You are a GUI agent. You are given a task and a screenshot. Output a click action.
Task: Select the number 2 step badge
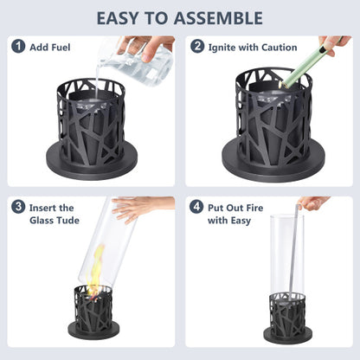[x=198, y=47]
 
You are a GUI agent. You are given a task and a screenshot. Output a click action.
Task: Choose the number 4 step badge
[x=198, y=207]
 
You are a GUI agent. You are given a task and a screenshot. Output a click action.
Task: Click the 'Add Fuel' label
[x=50, y=47]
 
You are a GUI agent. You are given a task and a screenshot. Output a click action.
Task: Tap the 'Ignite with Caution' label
[x=253, y=47]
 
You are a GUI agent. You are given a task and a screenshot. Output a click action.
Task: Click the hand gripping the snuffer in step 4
[x=312, y=203]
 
